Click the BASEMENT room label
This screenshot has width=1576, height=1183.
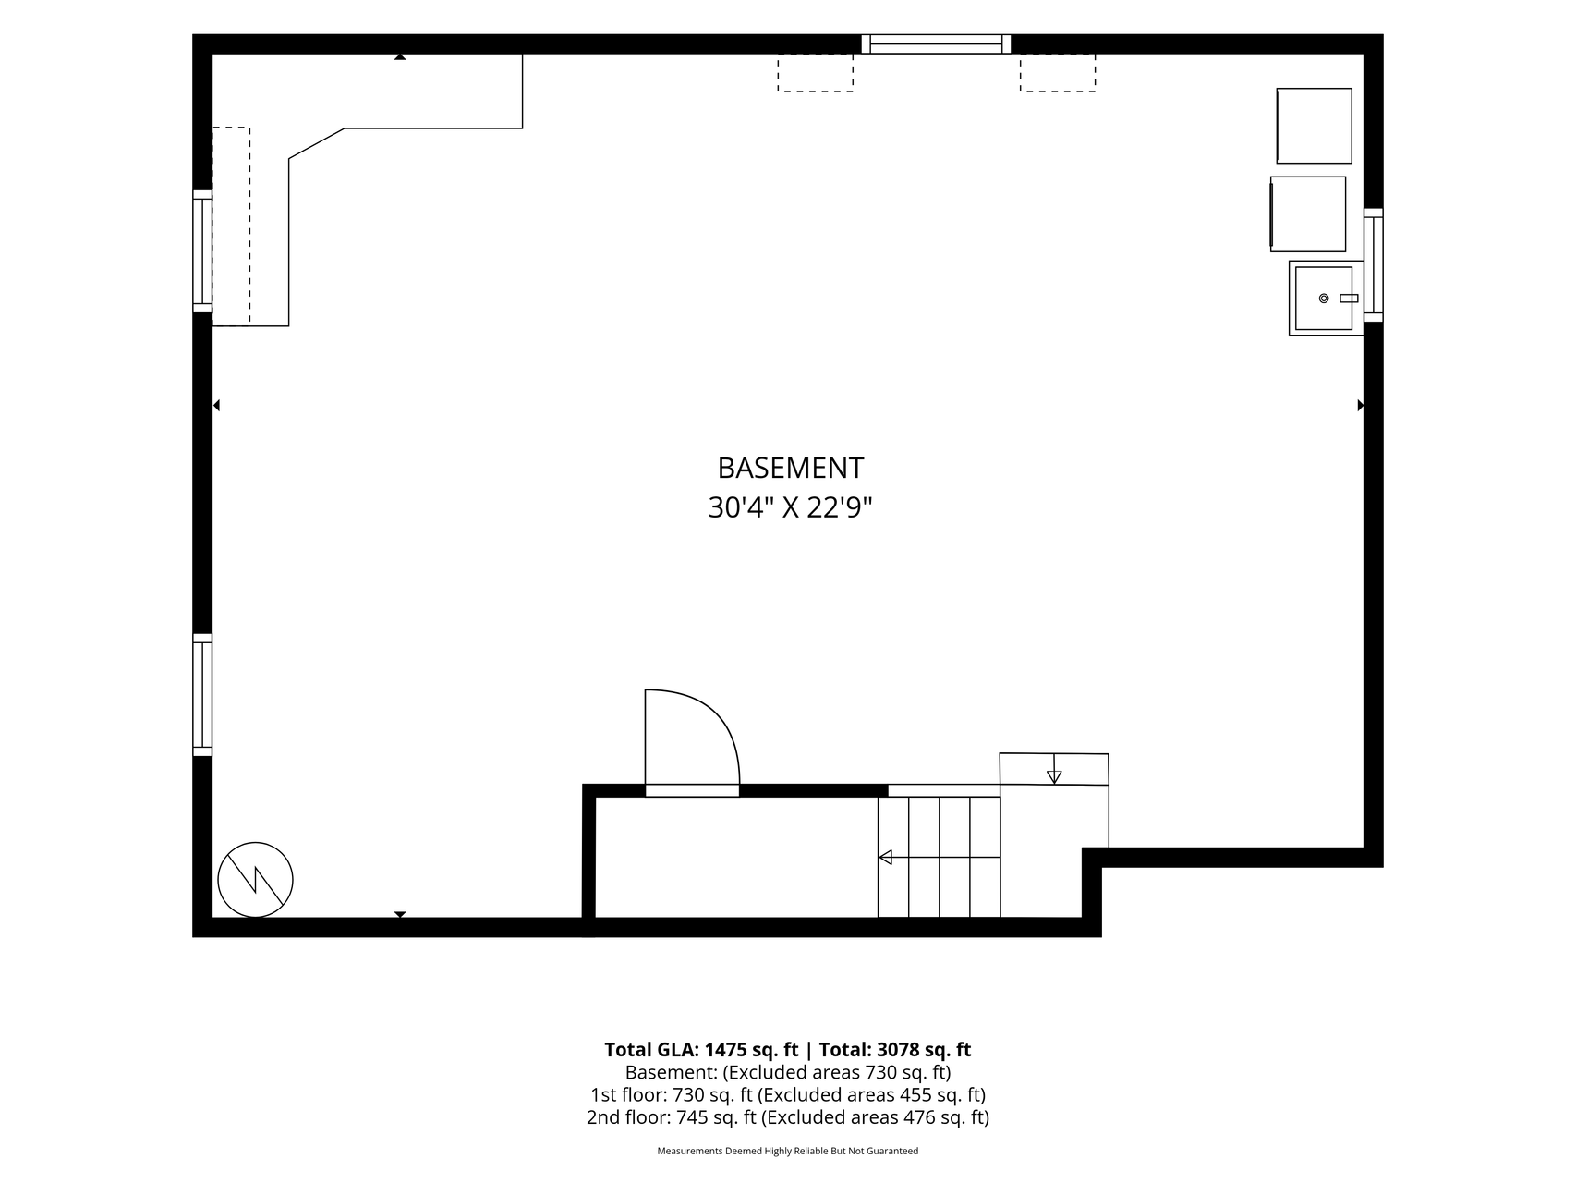click(790, 469)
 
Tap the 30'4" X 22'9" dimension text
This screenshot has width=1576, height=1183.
click(790, 508)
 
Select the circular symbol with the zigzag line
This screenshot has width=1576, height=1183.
click(255, 880)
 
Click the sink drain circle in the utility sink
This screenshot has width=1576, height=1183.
click(1324, 299)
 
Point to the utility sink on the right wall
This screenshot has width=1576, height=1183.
click(1326, 298)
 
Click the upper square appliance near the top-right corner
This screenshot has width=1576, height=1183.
click(1314, 126)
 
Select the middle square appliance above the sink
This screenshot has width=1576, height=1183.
click(1308, 213)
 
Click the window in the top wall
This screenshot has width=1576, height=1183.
click(936, 43)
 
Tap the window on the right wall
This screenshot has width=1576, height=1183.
click(1373, 264)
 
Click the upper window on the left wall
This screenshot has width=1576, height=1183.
click(202, 251)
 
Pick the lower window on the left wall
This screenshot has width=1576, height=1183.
click(202, 695)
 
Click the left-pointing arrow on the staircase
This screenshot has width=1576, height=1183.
click(939, 858)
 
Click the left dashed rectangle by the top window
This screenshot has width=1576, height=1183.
click(815, 72)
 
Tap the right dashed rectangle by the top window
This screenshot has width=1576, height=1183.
click(1058, 72)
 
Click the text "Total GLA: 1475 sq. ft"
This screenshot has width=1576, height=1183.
click(701, 1050)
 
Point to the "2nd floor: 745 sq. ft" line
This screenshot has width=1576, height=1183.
click(672, 1117)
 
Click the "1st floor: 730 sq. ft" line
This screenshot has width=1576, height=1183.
click(673, 1095)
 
